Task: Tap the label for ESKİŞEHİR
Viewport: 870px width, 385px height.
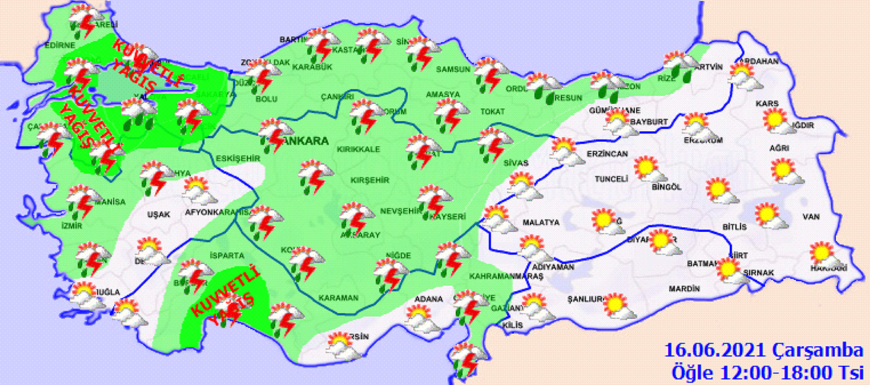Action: click(237, 159)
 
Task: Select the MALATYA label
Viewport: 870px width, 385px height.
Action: click(541, 223)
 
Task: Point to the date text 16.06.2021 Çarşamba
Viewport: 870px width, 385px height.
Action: click(763, 351)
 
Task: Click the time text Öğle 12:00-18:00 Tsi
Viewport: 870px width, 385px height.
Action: click(767, 372)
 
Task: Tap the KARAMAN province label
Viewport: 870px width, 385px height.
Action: click(338, 298)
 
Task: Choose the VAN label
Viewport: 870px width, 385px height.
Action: click(811, 217)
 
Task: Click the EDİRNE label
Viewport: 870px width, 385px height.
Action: click(60, 46)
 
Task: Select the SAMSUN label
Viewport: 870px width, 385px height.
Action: click(453, 70)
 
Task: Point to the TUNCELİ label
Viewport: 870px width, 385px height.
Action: click(611, 179)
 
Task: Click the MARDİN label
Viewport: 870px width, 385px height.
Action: click(684, 289)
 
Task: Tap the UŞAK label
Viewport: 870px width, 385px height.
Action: click(158, 214)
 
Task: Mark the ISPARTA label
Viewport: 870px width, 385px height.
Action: click(227, 256)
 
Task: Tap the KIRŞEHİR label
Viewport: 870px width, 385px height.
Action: click(370, 180)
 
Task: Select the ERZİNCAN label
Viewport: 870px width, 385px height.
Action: click(607, 154)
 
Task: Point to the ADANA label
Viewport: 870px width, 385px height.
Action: click(428, 299)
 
